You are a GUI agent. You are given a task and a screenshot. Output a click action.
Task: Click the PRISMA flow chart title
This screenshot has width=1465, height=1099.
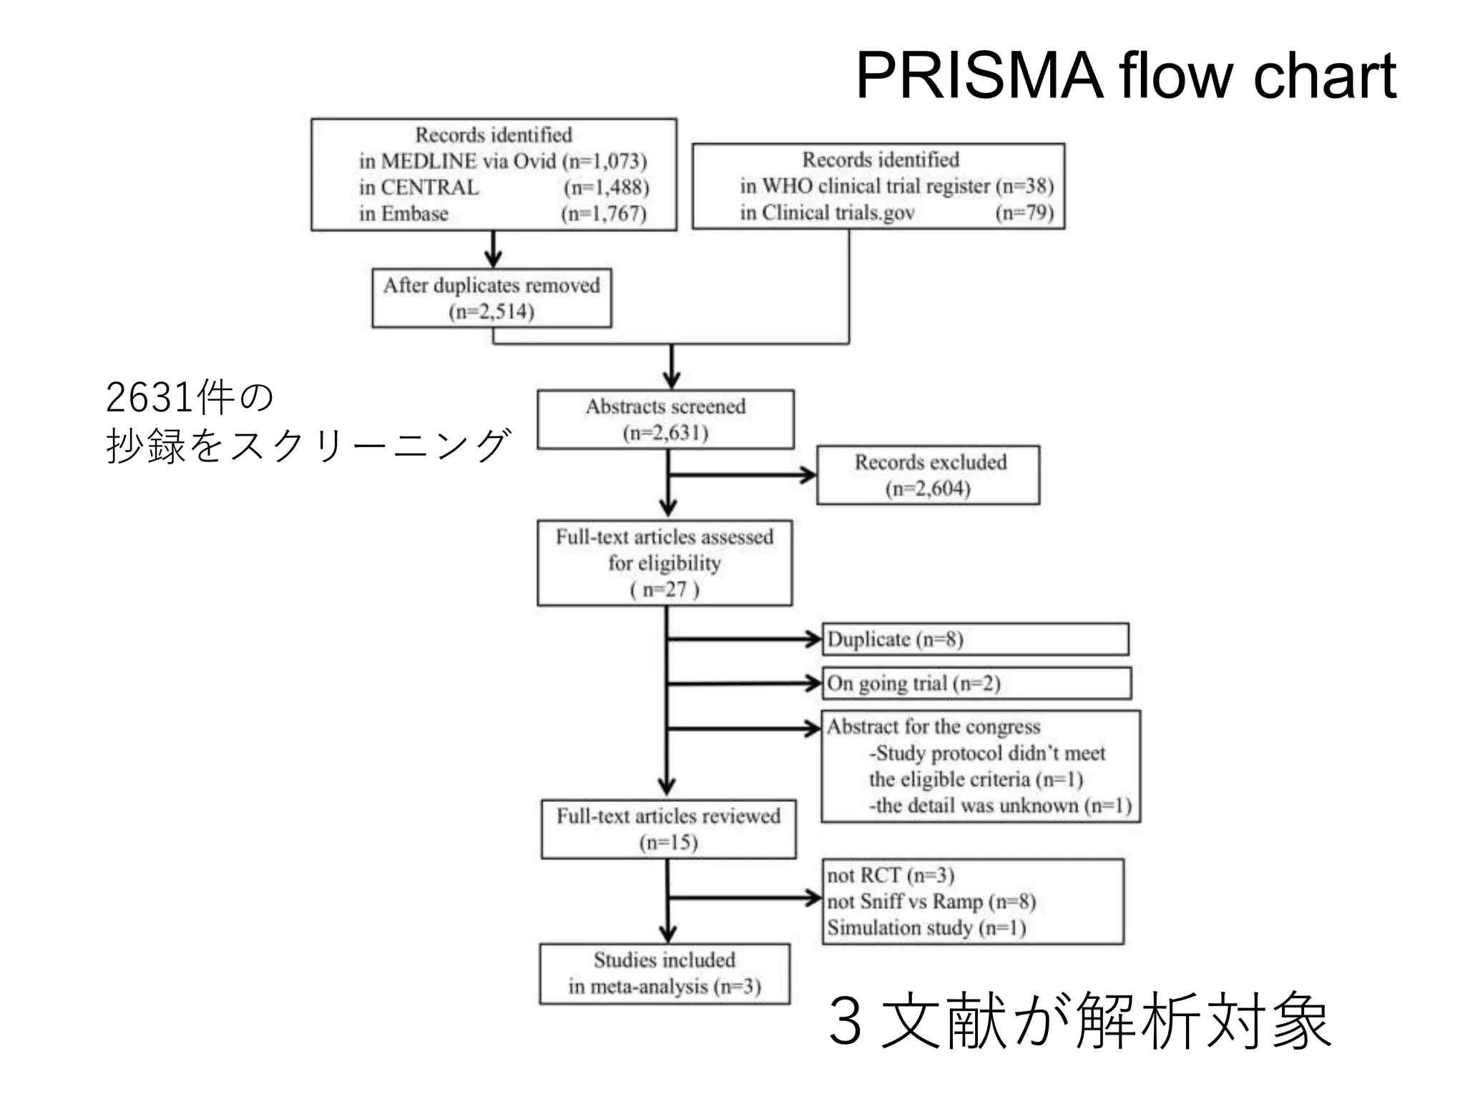(x=1125, y=76)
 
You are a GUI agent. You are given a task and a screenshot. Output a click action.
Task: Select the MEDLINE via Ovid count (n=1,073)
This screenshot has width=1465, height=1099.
(x=604, y=161)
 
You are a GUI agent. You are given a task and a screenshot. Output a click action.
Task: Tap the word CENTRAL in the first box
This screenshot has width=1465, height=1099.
(x=429, y=187)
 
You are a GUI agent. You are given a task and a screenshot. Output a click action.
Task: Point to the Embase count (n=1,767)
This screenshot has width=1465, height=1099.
(x=604, y=213)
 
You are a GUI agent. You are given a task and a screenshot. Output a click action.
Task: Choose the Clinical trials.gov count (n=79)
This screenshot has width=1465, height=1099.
(x=1024, y=213)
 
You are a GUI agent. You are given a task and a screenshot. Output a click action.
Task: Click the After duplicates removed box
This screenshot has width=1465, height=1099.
(x=491, y=298)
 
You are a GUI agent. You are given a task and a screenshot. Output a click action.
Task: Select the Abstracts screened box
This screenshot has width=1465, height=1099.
(x=665, y=419)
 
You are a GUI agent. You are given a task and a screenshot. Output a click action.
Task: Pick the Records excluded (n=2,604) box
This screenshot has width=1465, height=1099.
(x=928, y=475)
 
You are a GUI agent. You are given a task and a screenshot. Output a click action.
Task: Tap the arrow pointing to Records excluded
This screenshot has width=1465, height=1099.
(x=744, y=474)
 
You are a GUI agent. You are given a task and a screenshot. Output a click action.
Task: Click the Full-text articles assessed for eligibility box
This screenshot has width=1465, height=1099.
(x=665, y=563)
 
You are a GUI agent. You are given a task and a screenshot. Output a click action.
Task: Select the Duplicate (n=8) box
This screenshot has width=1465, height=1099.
(x=974, y=639)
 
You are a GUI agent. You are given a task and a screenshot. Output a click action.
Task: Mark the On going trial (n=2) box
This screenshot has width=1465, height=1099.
(x=976, y=683)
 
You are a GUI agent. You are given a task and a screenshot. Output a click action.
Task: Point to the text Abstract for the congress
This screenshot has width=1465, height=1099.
(x=934, y=727)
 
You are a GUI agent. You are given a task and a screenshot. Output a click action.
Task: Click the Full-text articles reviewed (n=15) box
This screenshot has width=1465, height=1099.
(x=668, y=829)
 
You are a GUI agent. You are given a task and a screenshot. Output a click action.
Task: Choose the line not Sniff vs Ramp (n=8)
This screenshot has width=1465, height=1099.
(x=931, y=902)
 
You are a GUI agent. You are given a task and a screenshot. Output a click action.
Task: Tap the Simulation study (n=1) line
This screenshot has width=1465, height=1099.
(x=926, y=928)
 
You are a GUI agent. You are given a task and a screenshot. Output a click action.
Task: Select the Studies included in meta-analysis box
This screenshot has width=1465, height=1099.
(x=665, y=974)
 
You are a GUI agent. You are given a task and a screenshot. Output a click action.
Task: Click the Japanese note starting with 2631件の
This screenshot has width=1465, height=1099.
(x=308, y=422)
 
